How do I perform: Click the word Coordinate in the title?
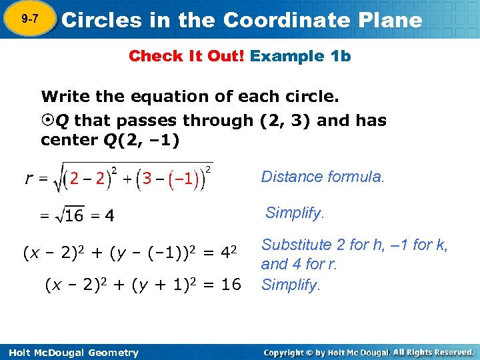[x=286, y=20]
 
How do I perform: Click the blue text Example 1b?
[x=300, y=56]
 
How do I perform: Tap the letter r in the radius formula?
[x=29, y=178]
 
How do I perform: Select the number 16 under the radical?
[x=73, y=216]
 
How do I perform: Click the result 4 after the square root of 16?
[x=109, y=216]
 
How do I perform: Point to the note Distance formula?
[x=323, y=177]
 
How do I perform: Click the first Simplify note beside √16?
[x=295, y=213]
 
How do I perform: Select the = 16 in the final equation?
[x=223, y=285]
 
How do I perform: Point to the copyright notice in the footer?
[x=368, y=352]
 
